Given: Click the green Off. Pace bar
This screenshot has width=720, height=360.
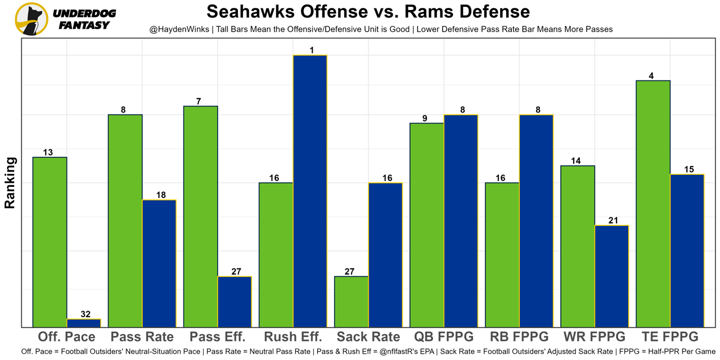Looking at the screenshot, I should coord(50,242).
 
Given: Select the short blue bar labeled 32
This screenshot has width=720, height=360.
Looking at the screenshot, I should coord(84,323).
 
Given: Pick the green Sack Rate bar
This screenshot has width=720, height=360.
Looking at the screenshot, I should coord(352,301).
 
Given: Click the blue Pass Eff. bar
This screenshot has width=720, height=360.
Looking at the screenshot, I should coord(235,301).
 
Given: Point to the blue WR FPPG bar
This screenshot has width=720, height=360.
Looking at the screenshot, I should coord(611,276).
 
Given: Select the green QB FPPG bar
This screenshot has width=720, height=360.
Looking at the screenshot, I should coord(427,225).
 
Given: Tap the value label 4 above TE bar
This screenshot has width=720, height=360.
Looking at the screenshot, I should coord(651,76).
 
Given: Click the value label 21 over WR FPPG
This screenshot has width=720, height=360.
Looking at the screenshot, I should coord(613,220).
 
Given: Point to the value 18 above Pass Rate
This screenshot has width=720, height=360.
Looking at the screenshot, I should coord(161,195).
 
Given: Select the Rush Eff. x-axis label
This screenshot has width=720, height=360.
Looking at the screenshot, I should coord(292,337).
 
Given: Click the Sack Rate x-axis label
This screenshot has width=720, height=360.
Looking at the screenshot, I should coord(368,337).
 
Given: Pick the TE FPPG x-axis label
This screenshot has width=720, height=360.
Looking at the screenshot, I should coord(670,337).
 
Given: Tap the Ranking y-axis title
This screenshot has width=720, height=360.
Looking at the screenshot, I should coord(10,183).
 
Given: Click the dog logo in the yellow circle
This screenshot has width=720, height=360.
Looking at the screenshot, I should coord(31,19).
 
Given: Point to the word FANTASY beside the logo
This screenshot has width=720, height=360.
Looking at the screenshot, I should coord(84,25).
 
